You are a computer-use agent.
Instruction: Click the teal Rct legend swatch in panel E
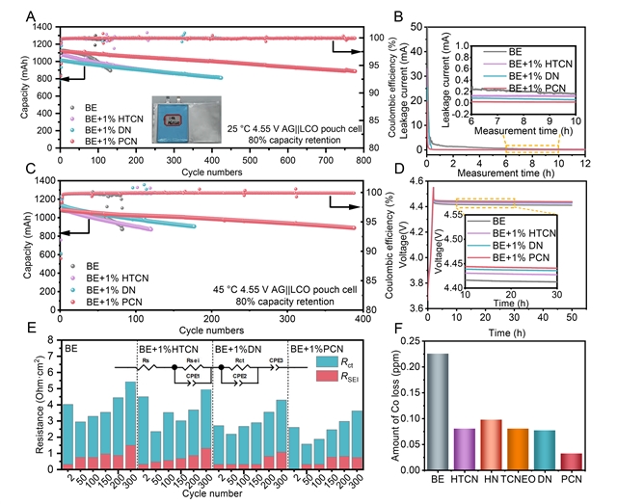tap(326, 361)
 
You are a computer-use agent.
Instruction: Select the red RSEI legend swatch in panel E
tap(326, 376)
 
